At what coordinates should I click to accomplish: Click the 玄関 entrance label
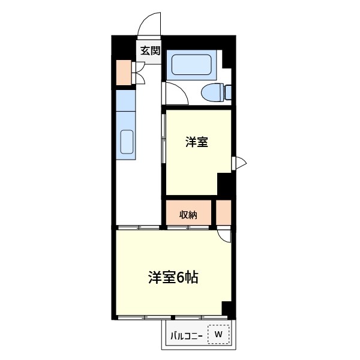pyautogui.click(x=150, y=52)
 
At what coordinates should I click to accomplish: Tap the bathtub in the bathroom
pyautogui.click(x=190, y=65)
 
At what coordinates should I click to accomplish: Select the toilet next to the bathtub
pyautogui.click(x=215, y=93)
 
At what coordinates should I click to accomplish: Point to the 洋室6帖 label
pyautogui.click(x=173, y=278)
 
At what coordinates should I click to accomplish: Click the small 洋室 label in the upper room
pyautogui.click(x=196, y=142)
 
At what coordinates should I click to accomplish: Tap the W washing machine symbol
pyautogui.click(x=218, y=334)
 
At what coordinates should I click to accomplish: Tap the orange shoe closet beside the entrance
pyautogui.click(x=124, y=73)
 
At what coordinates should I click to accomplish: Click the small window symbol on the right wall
pyautogui.click(x=239, y=162)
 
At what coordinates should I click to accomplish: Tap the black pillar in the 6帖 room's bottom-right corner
pyautogui.click(x=226, y=308)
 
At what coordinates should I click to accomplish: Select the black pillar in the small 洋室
pyautogui.click(x=224, y=184)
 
